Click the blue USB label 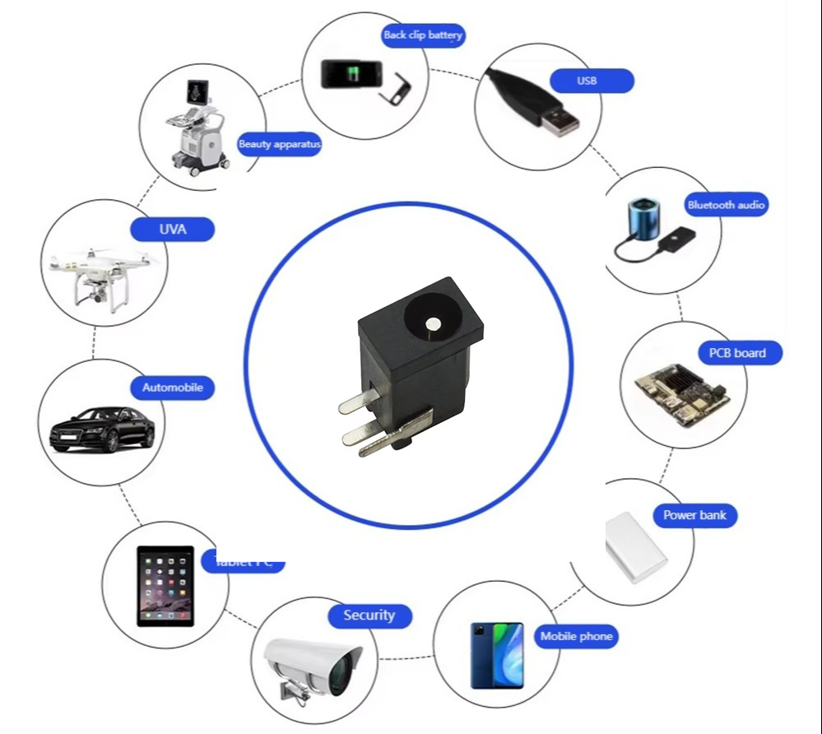[x=587, y=81]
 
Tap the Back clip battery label [x=423, y=35]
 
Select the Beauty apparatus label [x=280, y=145]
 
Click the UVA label [x=173, y=229]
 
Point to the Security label [x=369, y=616]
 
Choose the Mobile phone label [x=576, y=636]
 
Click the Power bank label [x=694, y=516]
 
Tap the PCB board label [x=736, y=353]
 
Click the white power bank [x=635, y=546]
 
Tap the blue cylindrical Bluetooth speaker [x=643, y=220]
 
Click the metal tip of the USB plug [x=560, y=121]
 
